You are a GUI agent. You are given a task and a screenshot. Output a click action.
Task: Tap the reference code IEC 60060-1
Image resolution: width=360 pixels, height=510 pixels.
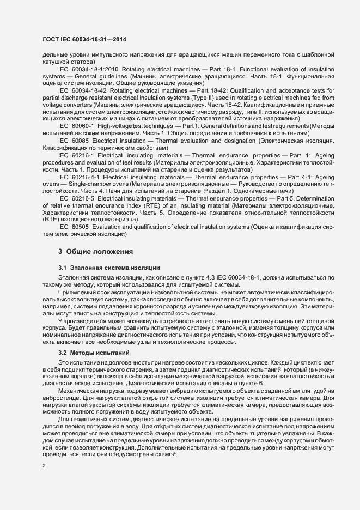(76, 125)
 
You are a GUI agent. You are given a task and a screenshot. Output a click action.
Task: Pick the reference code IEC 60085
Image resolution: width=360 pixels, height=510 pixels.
(74, 140)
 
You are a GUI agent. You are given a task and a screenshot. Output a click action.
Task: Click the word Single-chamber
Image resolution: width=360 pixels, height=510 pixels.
(81, 183)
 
